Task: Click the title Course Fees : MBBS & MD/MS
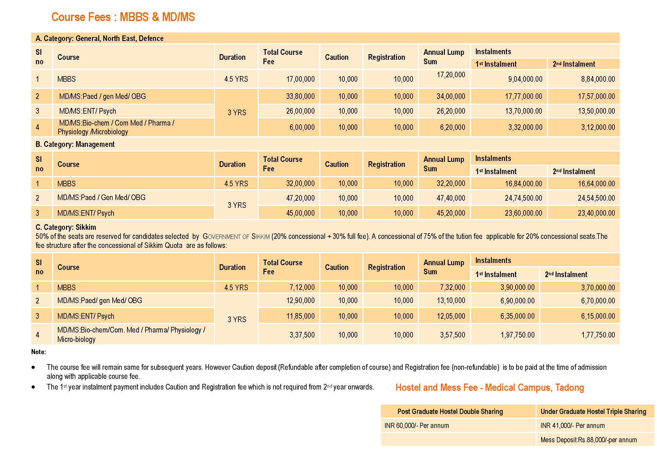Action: point(123,17)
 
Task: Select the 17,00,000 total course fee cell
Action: point(300,79)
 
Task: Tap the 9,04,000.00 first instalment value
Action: point(525,79)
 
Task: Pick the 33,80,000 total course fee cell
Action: point(300,96)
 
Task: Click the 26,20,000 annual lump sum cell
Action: point(451,111)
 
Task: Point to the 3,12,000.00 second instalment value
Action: point(598,127)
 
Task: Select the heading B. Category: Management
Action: point(75,144)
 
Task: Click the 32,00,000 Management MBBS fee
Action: point(300,183)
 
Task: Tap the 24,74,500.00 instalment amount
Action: point(523,198)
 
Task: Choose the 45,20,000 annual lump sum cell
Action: point(451,213)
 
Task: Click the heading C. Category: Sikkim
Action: point(66,227)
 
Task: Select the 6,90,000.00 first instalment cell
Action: point(517,301)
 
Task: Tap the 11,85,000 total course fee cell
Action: point(300,316)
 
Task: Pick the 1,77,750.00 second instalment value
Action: point(598,335)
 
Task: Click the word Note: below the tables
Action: point(38,352)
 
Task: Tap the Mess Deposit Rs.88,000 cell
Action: point(588,440)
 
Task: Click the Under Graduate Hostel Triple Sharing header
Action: point(593,412)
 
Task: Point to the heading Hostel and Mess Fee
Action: point(490,388)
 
